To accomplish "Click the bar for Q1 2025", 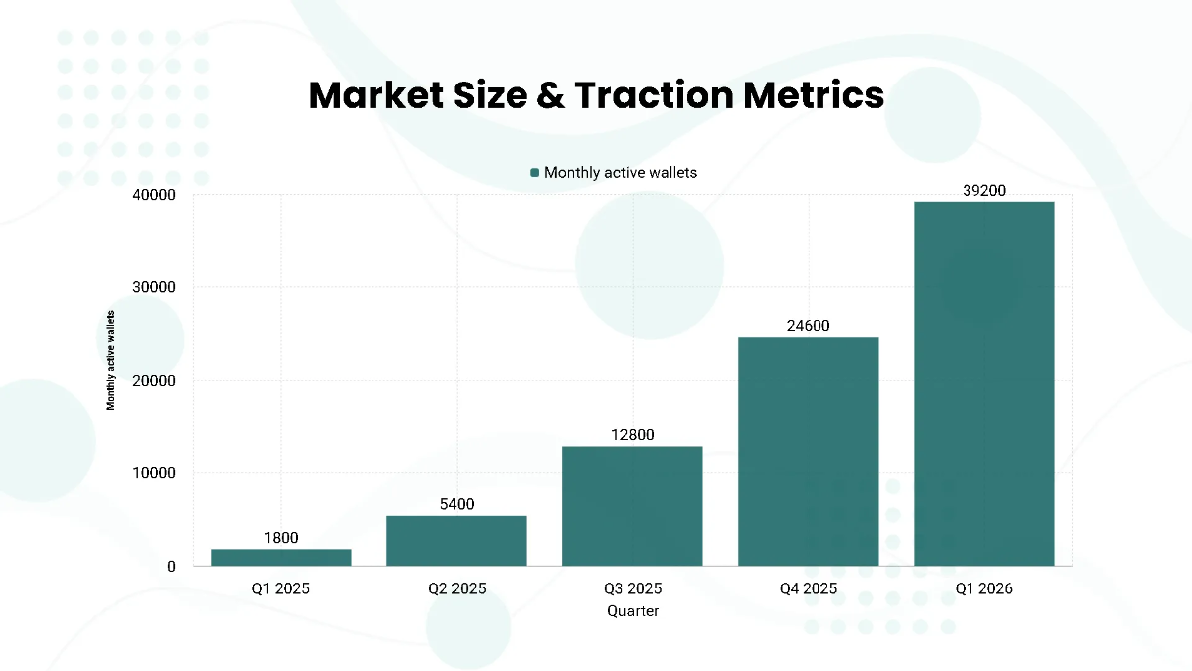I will coord(280,557).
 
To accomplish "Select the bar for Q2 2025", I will coord(457,540).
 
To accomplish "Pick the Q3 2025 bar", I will coord(633,506).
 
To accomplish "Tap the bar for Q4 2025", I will coord(809,451).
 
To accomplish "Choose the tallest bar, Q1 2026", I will coord(984,384).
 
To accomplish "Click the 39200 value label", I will coord(984,190).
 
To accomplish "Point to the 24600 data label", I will coord(809,325).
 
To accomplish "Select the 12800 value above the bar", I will coord(633,435).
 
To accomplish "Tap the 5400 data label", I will coord(457,504).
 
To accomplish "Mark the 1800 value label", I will coord(280,538).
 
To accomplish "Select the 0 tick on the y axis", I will coord(171,567).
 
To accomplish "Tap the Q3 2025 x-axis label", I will coord(633,588).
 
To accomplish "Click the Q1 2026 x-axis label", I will coord(984,588).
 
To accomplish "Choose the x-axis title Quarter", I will coord(633,611).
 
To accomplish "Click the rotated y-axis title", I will coord(112,360).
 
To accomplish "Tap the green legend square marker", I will coord(535,173).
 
